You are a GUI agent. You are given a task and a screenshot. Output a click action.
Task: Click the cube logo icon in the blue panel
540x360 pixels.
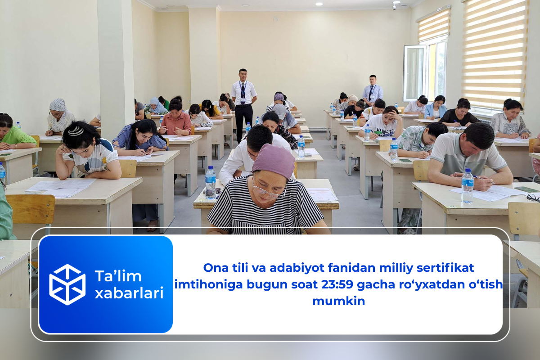67,284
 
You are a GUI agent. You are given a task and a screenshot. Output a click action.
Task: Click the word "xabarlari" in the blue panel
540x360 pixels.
129,293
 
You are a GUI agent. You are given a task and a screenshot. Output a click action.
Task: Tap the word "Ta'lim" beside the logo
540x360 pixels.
118,276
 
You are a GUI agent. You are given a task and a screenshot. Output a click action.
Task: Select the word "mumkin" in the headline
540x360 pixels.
338,301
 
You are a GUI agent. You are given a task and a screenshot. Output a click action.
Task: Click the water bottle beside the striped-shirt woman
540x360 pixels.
210,182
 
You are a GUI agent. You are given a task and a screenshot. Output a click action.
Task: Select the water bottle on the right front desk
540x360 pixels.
467,185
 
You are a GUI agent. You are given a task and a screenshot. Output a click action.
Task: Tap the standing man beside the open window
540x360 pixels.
372,90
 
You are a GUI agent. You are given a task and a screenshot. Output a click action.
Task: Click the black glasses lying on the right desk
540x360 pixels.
533,197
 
